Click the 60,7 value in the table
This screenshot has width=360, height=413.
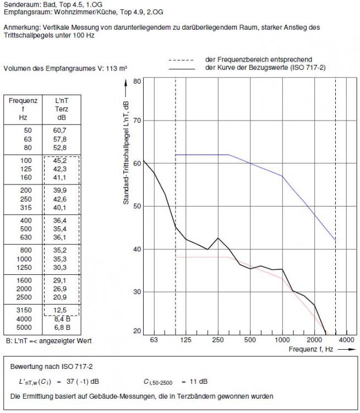point(61,130)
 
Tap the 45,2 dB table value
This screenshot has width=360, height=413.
point(61,161)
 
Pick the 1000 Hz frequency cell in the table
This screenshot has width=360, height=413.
point(24,258)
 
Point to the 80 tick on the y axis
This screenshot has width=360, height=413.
point(137,81)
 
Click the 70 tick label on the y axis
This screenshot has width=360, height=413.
point(137,121)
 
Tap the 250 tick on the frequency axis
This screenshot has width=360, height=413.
point(218,340)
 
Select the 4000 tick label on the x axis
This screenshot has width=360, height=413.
point(346,340)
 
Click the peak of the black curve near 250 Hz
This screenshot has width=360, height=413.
point(219,238)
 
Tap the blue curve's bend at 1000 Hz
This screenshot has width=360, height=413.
point(282,176)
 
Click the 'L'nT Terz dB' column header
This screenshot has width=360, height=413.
point(61,109)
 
